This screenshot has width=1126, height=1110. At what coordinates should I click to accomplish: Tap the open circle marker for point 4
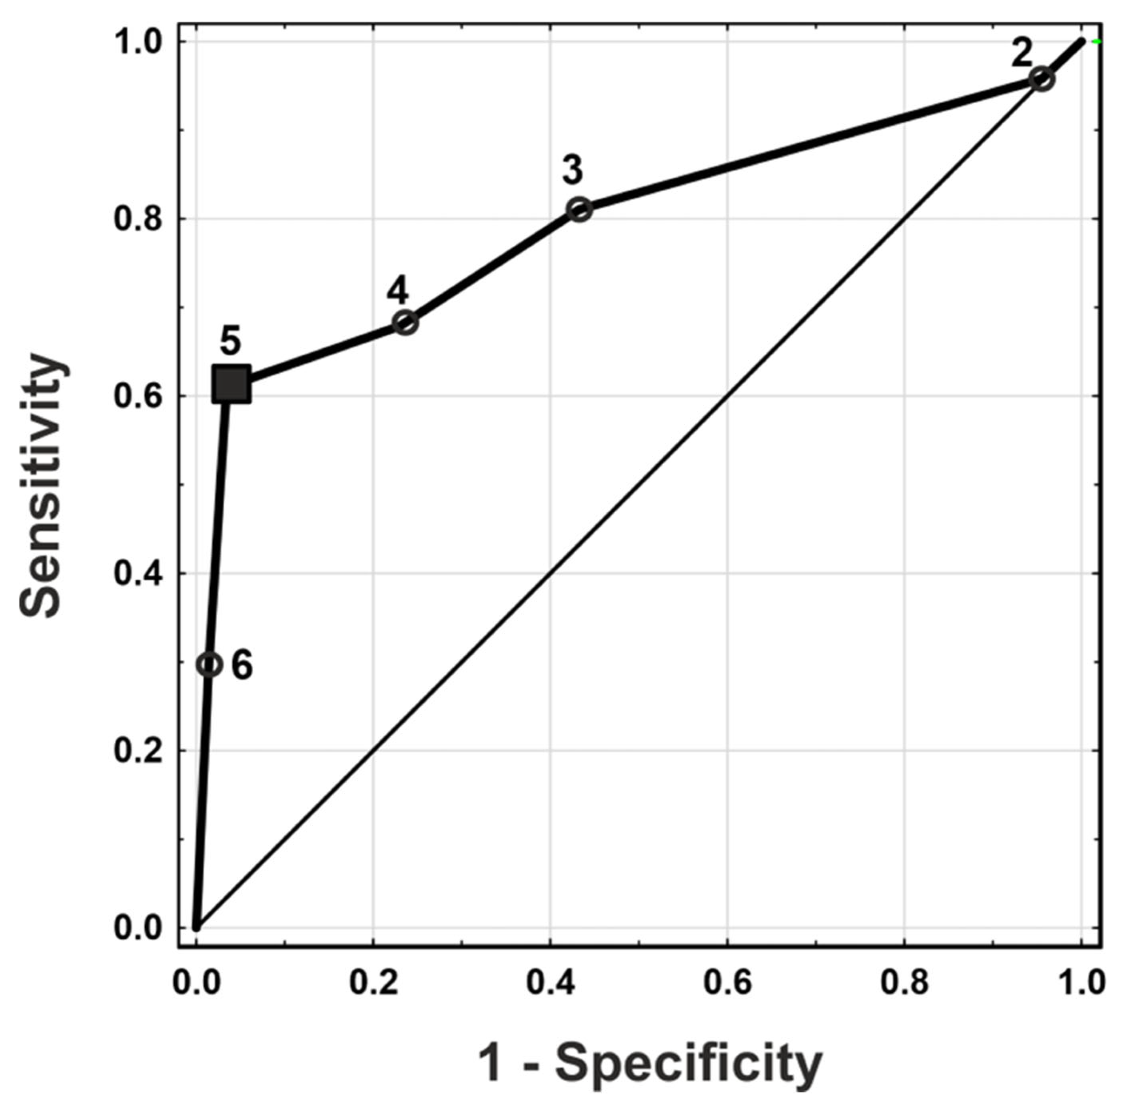pos(406,322)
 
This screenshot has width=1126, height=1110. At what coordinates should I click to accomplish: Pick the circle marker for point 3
pos(579,209)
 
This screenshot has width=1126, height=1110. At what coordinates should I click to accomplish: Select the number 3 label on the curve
pos(572,170)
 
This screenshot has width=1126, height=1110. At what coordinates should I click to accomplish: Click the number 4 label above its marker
pos(397,291)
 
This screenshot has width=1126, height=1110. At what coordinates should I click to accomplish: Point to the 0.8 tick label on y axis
pos(139,219)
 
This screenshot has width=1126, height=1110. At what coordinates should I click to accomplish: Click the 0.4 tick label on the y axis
pos(139,573)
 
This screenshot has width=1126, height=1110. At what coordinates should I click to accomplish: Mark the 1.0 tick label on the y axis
pos(139,42)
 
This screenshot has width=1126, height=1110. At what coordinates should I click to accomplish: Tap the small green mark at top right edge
pos(1098,41)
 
